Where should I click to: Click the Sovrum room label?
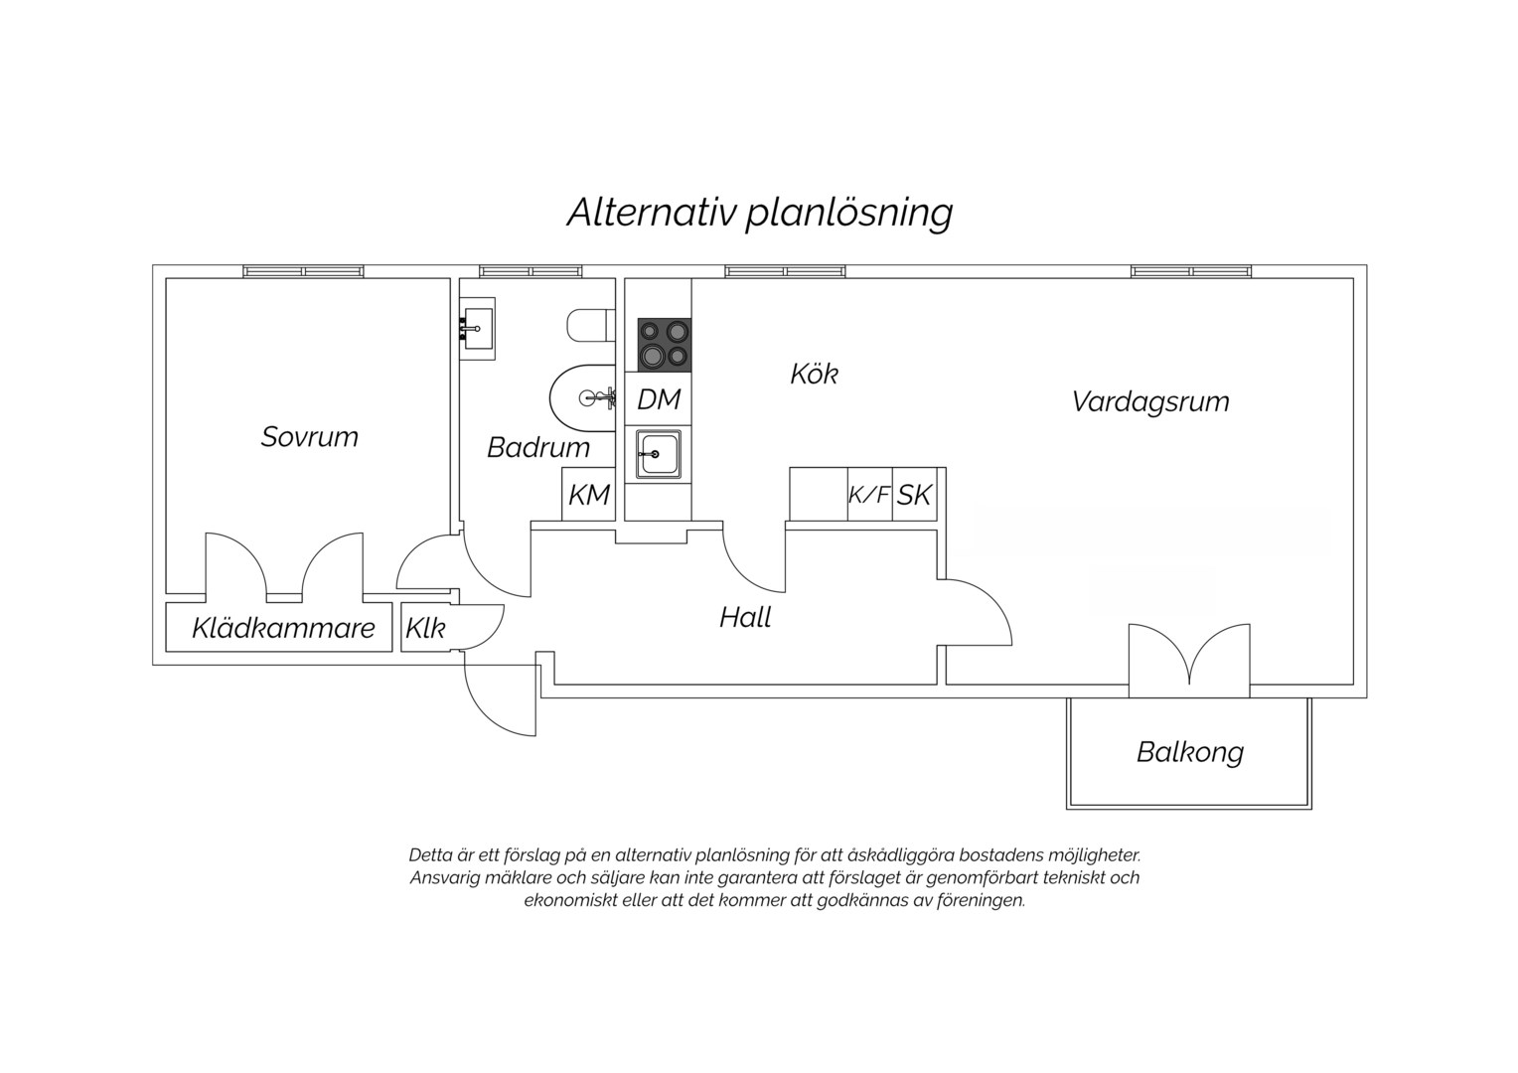(310, 437)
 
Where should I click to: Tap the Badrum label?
(538, 448)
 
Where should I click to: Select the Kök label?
(815, 375)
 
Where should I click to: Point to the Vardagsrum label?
(1150, 402)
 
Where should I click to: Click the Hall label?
(745, 618)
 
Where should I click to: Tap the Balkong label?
(1190, 752)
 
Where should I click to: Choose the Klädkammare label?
(283, 628)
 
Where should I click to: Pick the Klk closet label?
(425, 629)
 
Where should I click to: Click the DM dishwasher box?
(658, 399)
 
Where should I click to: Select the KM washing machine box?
(589, 495)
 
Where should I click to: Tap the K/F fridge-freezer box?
(869, 495)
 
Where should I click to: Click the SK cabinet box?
(915, 495)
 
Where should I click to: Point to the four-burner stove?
(665, 345)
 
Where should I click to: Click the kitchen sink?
(658, 454)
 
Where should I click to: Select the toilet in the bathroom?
(590, 325)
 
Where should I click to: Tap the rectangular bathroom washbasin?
(477, 328)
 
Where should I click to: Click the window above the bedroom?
(304, 272)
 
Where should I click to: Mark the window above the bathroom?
(531, 272)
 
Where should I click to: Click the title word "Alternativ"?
(652, 213)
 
